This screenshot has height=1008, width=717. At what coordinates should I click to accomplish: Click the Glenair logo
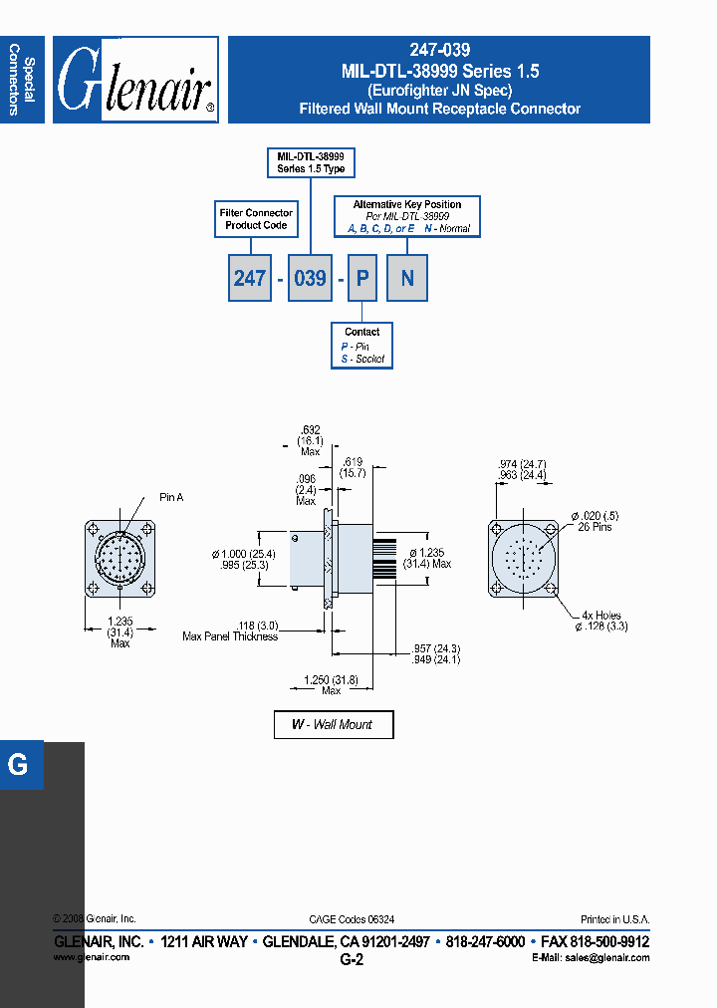[x=135, y=81]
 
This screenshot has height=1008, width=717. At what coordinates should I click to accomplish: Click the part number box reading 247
[x=249, y=278]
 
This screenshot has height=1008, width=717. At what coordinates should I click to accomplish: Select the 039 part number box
[x=311, y=278]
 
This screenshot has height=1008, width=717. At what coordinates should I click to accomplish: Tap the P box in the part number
[x=362, y=278]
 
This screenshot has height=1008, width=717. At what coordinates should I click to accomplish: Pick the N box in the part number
[x=407, y=278]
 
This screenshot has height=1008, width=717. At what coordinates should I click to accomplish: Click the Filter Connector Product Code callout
[x=256, y=219]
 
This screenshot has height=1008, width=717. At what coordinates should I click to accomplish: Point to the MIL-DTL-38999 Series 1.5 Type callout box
[x=311, y=163]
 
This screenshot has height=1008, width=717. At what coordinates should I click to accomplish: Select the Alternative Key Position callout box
[x=406, y=216]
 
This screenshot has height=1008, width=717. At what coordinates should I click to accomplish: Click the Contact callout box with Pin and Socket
[x=361, y=345]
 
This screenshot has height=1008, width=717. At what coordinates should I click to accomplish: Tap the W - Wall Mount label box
[x=334, y=724]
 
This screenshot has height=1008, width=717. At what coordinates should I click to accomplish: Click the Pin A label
[x=171, y=497]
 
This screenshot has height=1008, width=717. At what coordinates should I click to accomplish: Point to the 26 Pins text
[x=597, y=526]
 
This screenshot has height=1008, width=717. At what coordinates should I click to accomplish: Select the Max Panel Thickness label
[x=230, y=636]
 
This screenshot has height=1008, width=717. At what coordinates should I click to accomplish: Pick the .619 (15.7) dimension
[x=354, y=467]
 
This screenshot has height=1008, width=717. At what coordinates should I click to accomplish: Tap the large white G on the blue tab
[x=18, y=765]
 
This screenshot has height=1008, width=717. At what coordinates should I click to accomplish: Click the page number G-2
[x=352, y=960]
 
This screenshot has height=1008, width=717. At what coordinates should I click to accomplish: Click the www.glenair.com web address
[x=91, y=957]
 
